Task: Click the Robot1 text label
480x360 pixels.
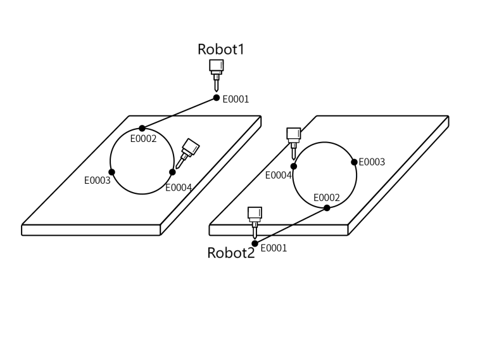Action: click(220, 49)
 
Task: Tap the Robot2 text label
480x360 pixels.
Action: click(231, 254)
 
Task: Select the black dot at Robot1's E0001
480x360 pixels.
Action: click(217, 98)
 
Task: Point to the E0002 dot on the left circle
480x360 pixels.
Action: click(142, 129)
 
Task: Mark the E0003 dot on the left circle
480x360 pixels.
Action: click(112, 172)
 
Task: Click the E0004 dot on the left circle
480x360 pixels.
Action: click(172, 172)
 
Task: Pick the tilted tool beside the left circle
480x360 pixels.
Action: click(187, 153)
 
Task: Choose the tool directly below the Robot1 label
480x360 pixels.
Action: click(216, 74)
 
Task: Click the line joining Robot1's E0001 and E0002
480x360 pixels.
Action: click(179, 113)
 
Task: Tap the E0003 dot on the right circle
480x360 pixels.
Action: click(355, 162)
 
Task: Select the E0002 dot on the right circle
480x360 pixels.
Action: click(327, 207)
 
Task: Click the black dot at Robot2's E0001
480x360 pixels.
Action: click(255, 243)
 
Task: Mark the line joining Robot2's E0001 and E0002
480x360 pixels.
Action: click(291, 226)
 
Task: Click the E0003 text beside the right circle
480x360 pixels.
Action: click(372, 162)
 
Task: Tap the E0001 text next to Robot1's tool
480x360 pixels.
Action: click(236, 100)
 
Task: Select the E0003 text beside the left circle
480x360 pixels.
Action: click(98, 181)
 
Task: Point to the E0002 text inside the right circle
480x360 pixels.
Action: click(327, 198)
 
